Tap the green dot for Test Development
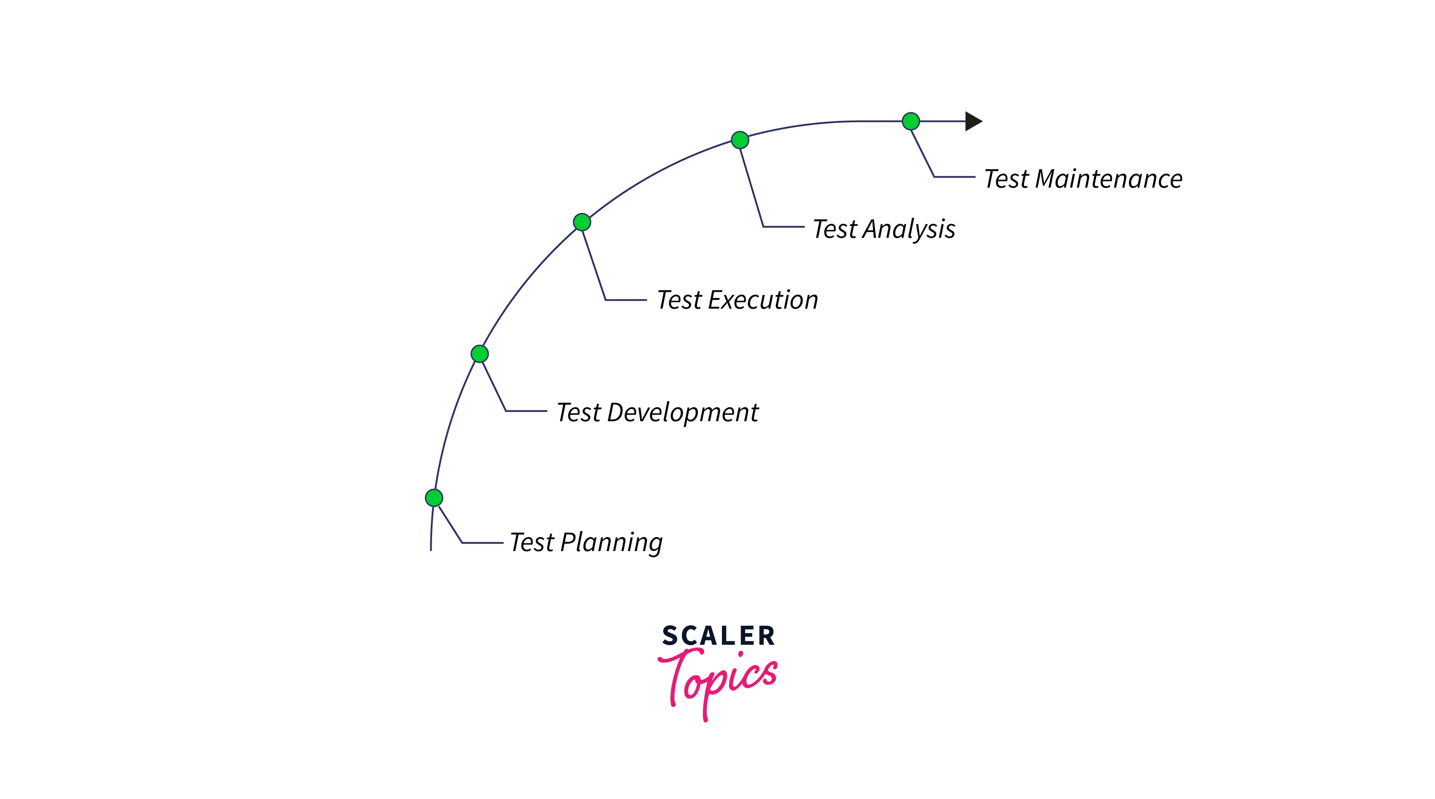(480, 354)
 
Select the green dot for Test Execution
(581, 222)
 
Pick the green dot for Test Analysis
(740, 140)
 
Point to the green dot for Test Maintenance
(911, 121)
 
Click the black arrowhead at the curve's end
(973, 121)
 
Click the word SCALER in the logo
(718, 636)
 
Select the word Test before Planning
(532, 542)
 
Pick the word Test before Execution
(679, 299)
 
